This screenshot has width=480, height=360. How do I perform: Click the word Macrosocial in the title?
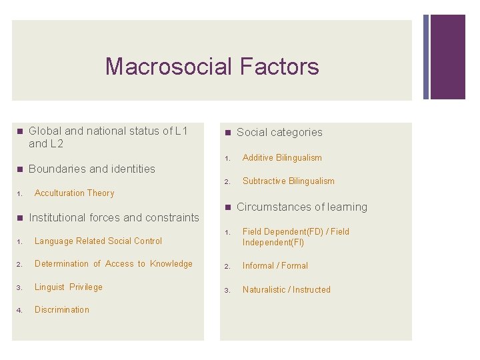[167, 67]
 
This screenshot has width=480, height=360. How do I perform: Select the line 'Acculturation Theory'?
[74, 193]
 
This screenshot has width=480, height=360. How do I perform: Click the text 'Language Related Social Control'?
[98, 241]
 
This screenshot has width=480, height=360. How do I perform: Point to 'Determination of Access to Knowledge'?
[113, 264]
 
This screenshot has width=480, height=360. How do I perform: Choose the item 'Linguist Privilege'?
[69, 287]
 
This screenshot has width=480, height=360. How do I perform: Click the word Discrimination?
[61, 310]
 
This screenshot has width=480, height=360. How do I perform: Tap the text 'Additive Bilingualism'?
[282, 158]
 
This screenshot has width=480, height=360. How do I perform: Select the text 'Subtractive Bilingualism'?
[288, 181]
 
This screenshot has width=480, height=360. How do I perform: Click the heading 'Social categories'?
[279, 133]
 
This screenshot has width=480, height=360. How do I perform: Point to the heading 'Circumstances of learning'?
[301, 207]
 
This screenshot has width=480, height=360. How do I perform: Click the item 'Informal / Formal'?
[275, 266]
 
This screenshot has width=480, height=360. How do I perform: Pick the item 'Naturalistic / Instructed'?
[286, 290]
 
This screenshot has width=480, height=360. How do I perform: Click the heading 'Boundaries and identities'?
[92, 169]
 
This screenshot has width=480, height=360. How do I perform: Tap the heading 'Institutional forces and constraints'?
[114, 217]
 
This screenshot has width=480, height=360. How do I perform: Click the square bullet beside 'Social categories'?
[227, 133]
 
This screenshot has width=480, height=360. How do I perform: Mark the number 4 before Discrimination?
[20, 311]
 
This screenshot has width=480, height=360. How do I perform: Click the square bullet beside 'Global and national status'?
[19, 131]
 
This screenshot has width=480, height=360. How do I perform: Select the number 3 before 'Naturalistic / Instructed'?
[227, 291]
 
